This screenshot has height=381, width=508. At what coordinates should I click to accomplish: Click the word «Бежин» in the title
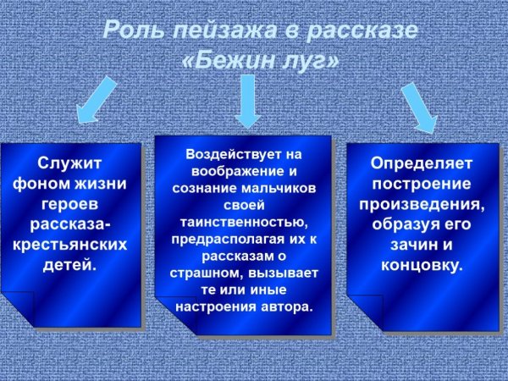[x=233, y=62]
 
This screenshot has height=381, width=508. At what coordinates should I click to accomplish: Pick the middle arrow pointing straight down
[x=246, y=100]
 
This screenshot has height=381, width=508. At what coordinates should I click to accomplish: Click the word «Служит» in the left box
[x=70, y=163]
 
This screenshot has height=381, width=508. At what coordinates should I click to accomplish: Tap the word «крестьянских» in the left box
[x=70, y=245]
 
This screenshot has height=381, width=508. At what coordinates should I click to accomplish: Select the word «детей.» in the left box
[x=70, y=265]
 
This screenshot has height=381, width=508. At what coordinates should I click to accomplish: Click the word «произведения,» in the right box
[x=422, y=204]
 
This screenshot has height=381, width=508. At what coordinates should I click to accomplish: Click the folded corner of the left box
[x=17, y=310]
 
